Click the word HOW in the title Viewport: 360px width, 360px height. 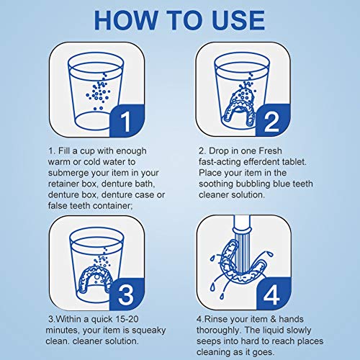[126, 20]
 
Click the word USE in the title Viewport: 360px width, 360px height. [238, 20]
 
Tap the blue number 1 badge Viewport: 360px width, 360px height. [127, 121]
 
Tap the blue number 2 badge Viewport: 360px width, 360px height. [273, 121]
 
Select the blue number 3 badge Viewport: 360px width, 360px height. [127, 294]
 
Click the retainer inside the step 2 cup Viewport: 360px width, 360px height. [239, 106]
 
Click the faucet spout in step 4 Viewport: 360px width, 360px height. [242, 224]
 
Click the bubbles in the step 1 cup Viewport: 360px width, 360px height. [99, 91]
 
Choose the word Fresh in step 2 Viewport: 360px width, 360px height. [270, 150]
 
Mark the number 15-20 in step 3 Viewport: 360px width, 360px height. [127, 319]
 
